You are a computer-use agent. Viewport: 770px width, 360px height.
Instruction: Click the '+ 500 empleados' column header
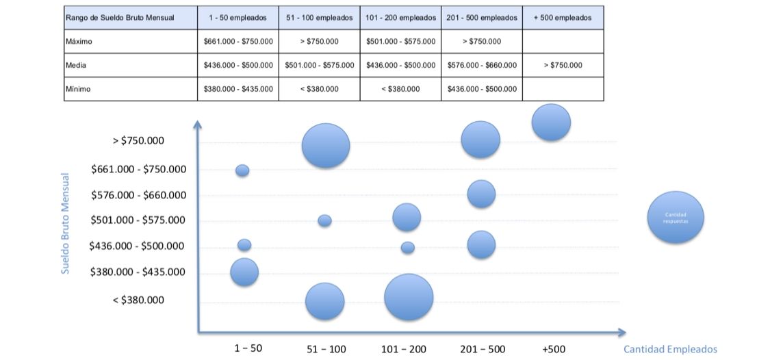click(x=562, y=18)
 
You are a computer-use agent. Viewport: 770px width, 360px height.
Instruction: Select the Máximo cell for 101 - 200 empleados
click(x=400, y=42)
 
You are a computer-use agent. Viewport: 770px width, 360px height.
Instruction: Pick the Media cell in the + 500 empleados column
click(x=563, y=65)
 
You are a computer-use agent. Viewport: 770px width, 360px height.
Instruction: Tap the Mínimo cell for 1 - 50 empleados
click(x=238, y=89)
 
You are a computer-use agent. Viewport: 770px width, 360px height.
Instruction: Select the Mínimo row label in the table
click(x=79, y=89)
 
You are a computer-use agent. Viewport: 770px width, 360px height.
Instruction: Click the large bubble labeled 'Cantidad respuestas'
click(x=676, y=217)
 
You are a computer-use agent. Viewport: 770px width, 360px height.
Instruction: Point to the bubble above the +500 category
click(x=551, y=123)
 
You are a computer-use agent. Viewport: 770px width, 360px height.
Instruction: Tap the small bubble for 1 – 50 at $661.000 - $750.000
click(x=242, y=170)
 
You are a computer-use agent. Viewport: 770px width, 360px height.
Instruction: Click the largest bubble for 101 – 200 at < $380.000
click(x=409, y=297)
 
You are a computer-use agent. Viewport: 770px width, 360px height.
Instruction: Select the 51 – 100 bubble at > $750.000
click(x=326, y=145)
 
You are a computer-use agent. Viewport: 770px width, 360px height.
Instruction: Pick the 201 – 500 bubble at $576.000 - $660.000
click(x=481, y=194)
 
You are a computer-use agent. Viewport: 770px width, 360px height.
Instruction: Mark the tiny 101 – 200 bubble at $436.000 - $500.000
click(x=407, y=248)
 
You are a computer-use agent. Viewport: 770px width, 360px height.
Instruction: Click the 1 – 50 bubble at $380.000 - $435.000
click(x=244, y=272)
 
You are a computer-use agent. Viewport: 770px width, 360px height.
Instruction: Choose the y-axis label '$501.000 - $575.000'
click(x=138, y=220)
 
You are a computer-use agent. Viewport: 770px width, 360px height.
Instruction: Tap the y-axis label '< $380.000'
click(x=138, y=300)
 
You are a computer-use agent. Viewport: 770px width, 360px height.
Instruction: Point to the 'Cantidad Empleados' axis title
click(x=670, y=349)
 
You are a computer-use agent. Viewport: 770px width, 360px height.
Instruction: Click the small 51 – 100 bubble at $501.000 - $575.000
click(x=324, y=220)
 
